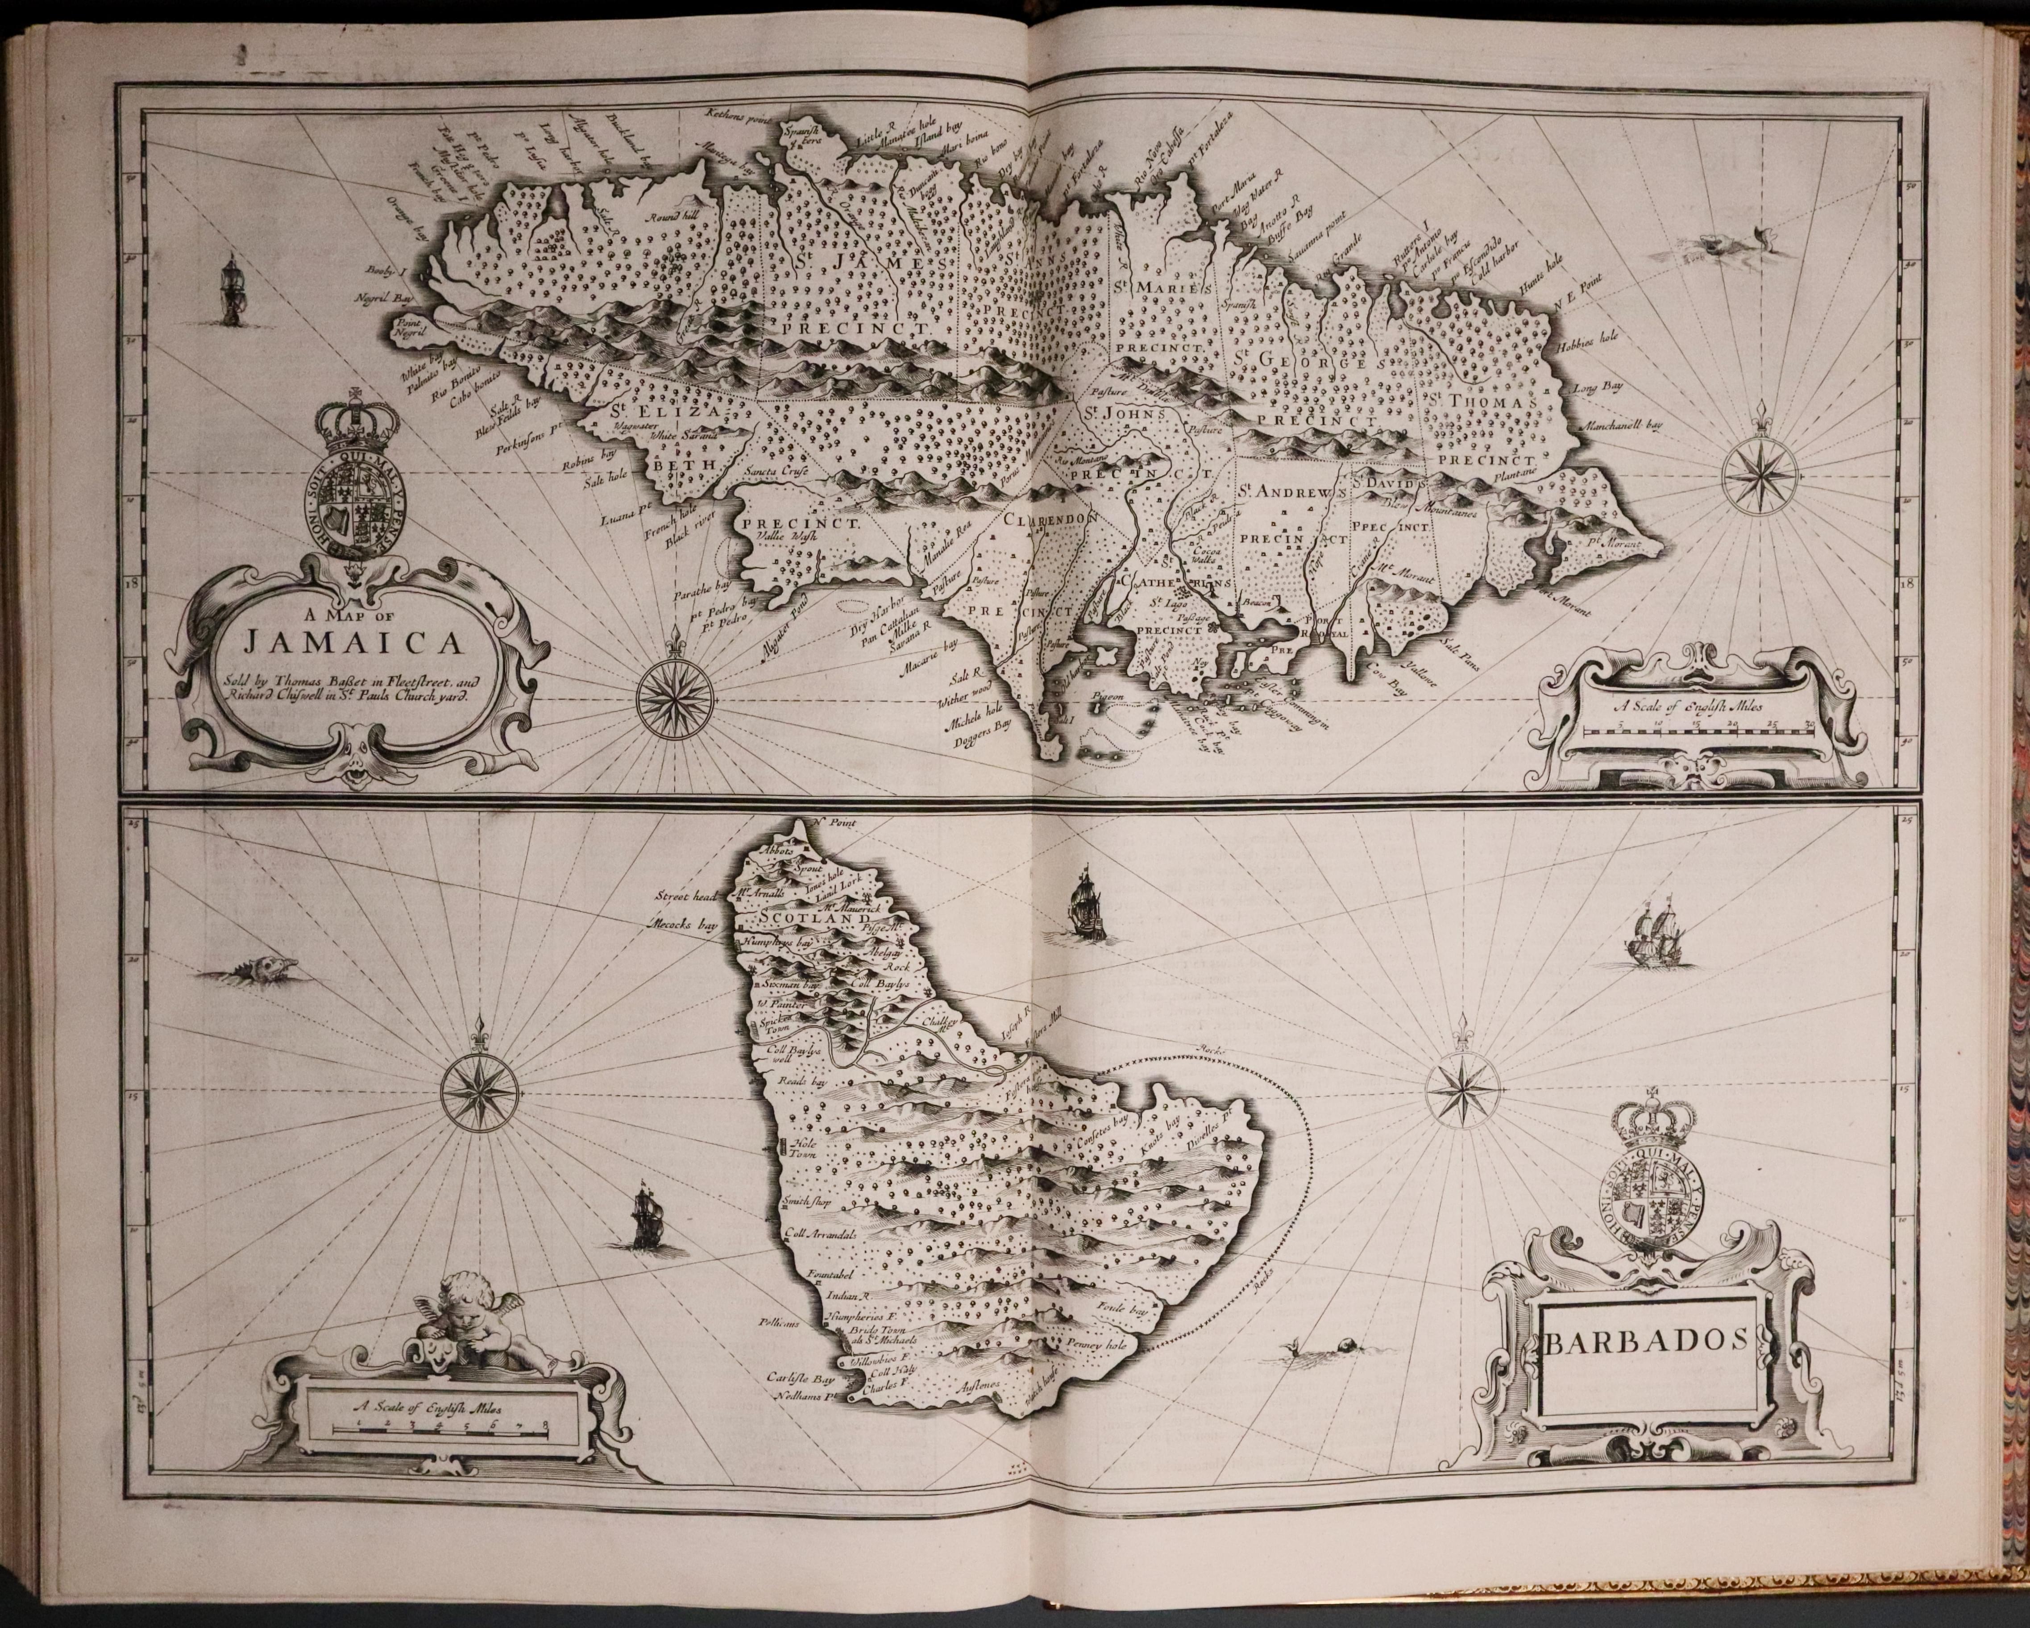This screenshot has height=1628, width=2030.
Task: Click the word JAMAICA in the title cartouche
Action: point(350,644)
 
